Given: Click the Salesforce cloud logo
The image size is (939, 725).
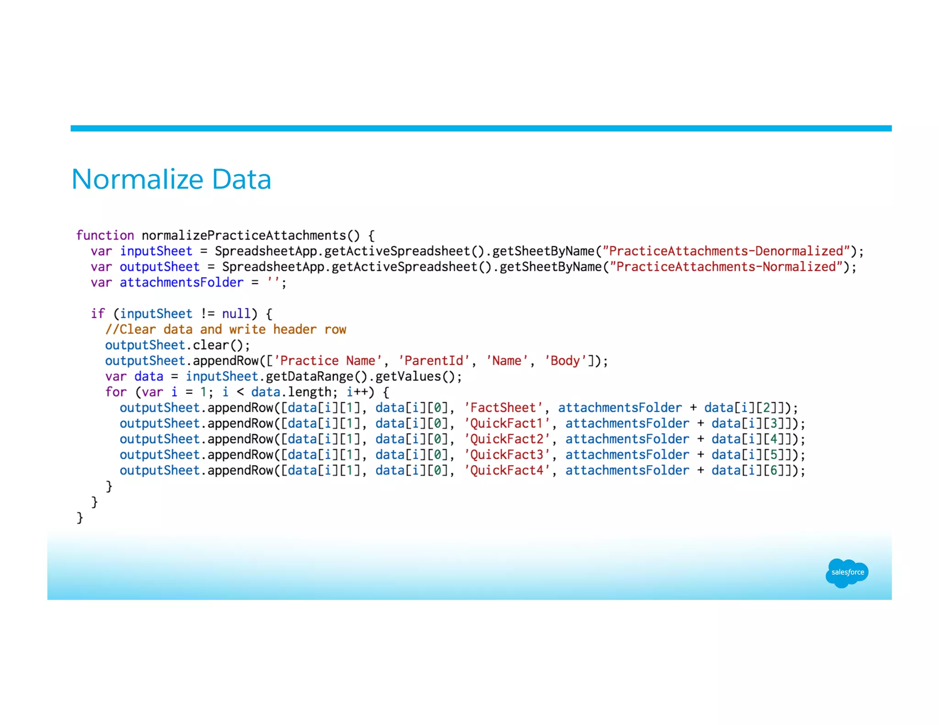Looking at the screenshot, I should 847,572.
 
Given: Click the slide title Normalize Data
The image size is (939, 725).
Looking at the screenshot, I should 171,179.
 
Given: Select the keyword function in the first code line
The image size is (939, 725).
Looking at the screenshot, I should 105,236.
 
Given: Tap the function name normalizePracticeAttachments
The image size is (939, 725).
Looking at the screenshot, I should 244,236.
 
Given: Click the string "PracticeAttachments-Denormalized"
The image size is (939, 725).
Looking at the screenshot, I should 726,251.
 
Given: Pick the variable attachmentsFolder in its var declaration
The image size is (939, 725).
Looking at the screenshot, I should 182,283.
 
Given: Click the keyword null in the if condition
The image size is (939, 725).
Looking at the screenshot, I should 237,314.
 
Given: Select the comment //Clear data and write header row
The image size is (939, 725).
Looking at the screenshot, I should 226,330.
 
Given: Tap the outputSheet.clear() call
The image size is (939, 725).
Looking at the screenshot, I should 177,345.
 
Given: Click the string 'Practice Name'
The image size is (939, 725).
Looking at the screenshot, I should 328,361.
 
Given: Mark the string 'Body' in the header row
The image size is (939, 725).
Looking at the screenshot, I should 565,361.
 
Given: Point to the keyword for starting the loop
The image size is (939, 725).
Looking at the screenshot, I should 116,392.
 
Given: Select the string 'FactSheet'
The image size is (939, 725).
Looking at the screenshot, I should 503,408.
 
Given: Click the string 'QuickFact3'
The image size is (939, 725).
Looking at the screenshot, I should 507,455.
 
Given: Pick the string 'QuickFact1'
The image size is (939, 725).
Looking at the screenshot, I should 507,423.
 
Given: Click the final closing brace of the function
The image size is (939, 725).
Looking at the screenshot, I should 80,518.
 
